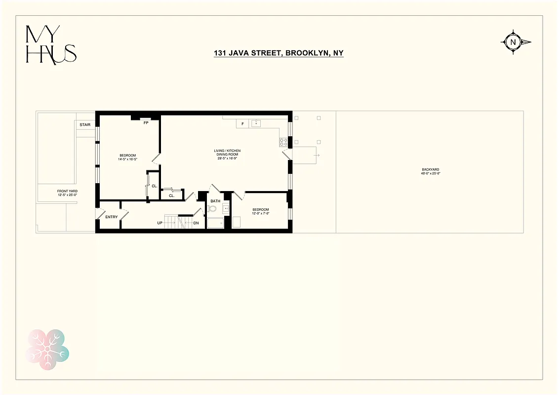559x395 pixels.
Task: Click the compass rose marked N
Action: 513,42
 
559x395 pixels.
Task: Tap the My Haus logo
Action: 51,44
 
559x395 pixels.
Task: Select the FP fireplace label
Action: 146,123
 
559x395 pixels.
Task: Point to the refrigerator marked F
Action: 242,124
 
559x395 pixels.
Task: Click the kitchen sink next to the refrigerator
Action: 256,123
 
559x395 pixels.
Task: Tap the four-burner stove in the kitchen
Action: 284,142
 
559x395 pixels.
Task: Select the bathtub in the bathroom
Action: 215,224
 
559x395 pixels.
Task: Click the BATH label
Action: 215,201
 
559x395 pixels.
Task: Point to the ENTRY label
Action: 112,217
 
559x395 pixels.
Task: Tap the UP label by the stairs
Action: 160,223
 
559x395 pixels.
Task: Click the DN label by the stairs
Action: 196,223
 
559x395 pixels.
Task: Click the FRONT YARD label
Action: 67,191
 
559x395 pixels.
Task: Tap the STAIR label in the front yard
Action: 85,125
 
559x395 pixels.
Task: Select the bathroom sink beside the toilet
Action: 227,208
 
